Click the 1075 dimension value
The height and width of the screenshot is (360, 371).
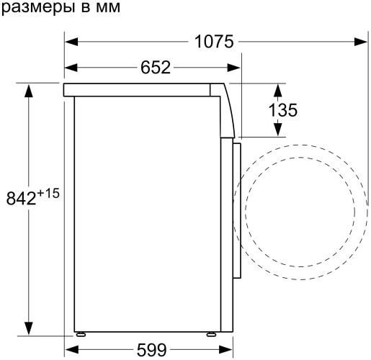(x=214, y=42)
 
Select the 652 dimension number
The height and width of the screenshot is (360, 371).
(x=155, y=68)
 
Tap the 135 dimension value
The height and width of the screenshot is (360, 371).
(x=282, y=110)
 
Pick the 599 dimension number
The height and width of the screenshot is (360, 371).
(x=152, y=350)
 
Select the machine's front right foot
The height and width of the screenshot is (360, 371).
(x=213, y=334)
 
